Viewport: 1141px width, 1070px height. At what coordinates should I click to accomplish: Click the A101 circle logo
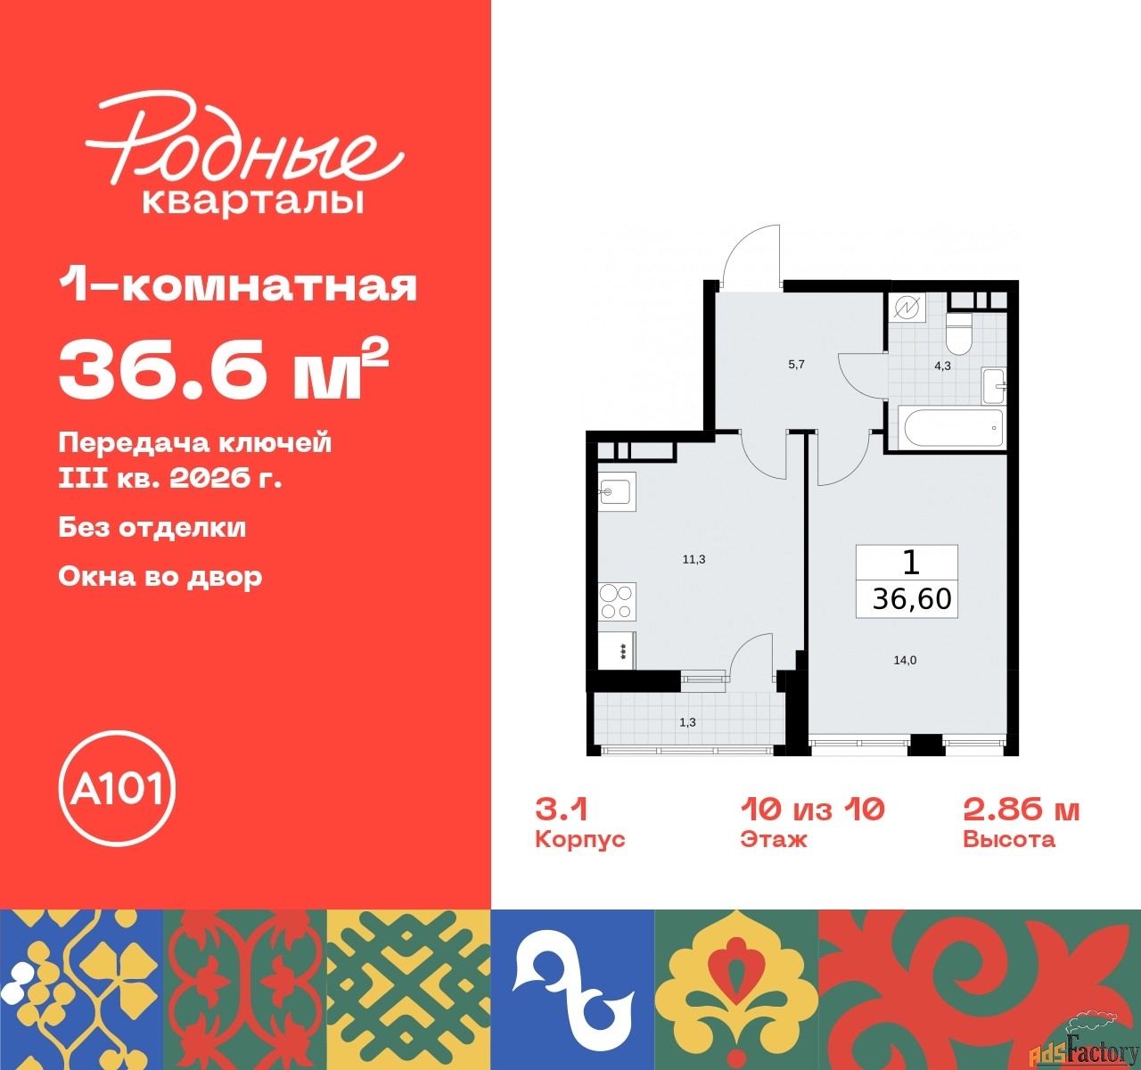117,789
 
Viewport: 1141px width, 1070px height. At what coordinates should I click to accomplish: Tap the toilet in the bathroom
959,333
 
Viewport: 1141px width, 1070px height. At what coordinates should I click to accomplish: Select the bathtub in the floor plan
953,428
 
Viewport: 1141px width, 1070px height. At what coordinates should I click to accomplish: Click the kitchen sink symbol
616,491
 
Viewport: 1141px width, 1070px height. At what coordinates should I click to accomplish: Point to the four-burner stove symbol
616,600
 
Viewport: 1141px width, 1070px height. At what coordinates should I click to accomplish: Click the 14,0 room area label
905,661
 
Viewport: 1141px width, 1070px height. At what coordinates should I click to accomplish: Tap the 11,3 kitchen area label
694,559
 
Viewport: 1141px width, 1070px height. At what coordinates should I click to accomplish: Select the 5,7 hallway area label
796,365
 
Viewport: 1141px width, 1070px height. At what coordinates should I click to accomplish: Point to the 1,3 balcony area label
687,722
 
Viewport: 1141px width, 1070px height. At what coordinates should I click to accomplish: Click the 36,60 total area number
912,599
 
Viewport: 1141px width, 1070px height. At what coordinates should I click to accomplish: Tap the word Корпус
579,840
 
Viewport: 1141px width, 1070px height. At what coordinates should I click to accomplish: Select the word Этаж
773,840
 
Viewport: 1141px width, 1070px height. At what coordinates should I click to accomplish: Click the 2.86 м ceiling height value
1021,810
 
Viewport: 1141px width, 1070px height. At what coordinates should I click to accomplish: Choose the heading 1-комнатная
238,286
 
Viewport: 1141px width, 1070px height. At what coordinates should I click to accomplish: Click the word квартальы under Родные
253,202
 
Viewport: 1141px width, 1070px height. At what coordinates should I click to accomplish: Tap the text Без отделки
152,527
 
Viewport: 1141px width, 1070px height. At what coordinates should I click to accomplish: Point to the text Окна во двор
160,576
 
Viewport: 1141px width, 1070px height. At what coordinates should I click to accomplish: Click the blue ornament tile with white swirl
572,989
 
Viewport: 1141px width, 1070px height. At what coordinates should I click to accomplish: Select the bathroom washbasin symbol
993,385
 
